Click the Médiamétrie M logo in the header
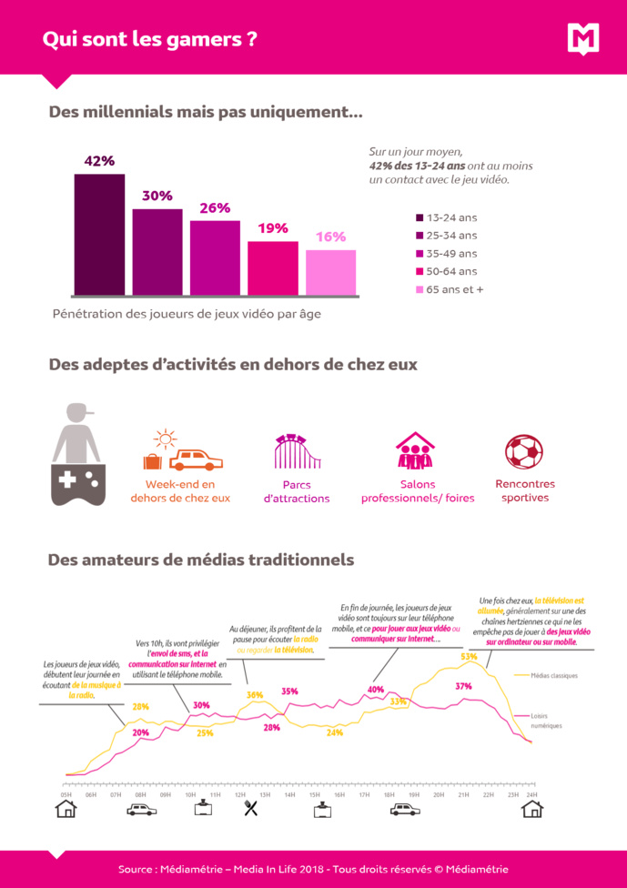[583, 38]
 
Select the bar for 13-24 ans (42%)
[99, 235]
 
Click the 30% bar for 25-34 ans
[157, 252]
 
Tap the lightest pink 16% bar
[330, 273]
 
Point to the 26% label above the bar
[215, 208]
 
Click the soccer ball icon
[524, 452]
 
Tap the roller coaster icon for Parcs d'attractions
[298, 452]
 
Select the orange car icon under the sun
[196, 459]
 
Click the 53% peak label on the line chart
[469, 656]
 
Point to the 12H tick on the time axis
[240, 794]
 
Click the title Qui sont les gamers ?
[149, 39]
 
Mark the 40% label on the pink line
[376, 690]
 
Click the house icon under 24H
[531, 809]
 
